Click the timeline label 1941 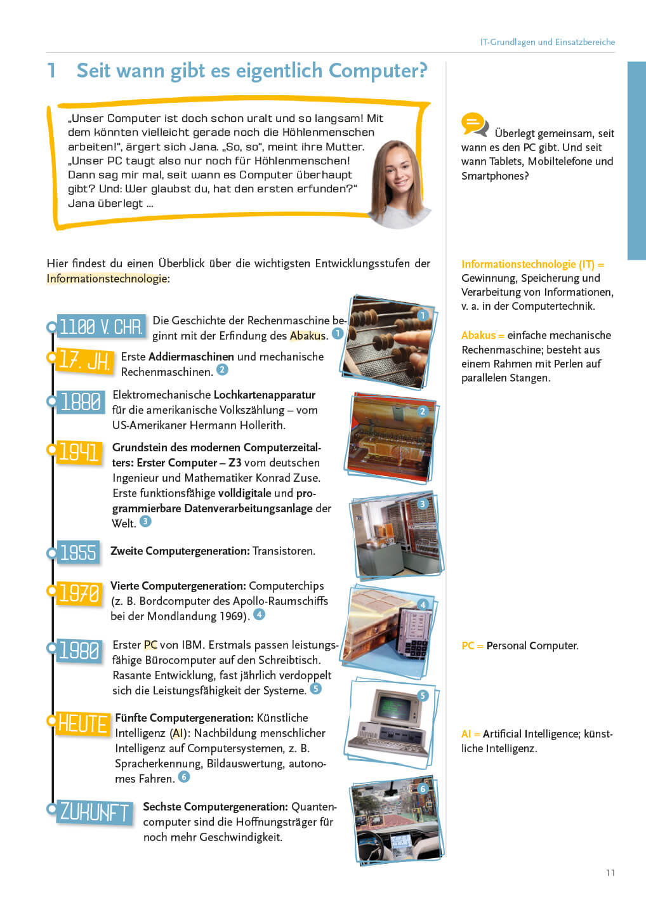(x=79, y=452)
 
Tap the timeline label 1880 (x=80, y=402)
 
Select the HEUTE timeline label (x=82, y=724)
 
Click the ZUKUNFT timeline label (x=94, y=812)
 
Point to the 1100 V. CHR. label (x=101, y=327)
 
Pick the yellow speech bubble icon (x=473, y=123)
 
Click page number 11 (x=610, y=873)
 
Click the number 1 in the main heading (x=52, y=70)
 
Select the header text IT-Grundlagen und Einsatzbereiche (x=547, y=42)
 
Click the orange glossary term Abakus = (x=482, y=335)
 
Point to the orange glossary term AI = (x=470, y=734)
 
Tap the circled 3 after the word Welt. (x=145, y=521)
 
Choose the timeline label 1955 (x=78, y=552)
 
